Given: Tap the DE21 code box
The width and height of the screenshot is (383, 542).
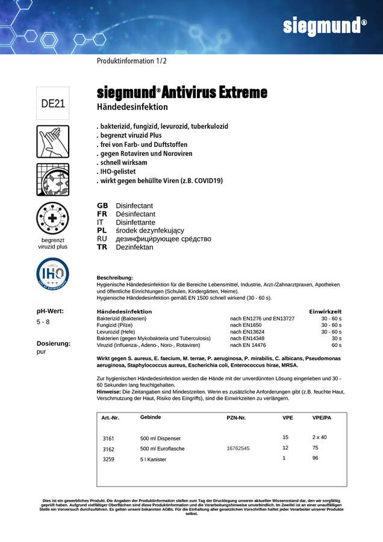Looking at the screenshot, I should point(53,103).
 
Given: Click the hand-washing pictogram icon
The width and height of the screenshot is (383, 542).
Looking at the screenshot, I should point(53,142).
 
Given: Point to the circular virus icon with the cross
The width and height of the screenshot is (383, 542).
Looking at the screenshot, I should point(53,218).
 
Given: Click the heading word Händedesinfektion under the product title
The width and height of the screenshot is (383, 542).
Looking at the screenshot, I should point(132,107).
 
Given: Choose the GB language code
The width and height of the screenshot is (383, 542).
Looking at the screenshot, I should point(102,206).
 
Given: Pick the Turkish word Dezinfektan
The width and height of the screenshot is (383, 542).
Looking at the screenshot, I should point(134,247).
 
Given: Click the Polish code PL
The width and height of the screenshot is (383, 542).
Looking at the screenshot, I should point(102,231).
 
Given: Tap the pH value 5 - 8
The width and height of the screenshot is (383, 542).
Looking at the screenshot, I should point(43,322).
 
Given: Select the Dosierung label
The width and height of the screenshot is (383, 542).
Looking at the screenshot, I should point(54,343).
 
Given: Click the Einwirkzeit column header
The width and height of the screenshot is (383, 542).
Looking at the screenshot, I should point(325,311).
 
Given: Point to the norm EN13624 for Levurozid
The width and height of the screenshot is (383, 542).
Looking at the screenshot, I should point(248,332).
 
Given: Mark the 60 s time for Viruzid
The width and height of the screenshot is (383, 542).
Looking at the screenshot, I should point(336,346).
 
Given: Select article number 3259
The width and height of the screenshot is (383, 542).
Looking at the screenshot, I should point(108,459).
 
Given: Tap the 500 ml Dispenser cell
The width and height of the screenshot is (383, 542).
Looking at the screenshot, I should point(160,438).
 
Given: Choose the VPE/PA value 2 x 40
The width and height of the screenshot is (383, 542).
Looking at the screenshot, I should point(319,437).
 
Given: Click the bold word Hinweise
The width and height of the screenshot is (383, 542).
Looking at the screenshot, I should point(110,391).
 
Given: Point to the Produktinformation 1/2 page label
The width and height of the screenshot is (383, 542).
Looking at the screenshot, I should point(132,61).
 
